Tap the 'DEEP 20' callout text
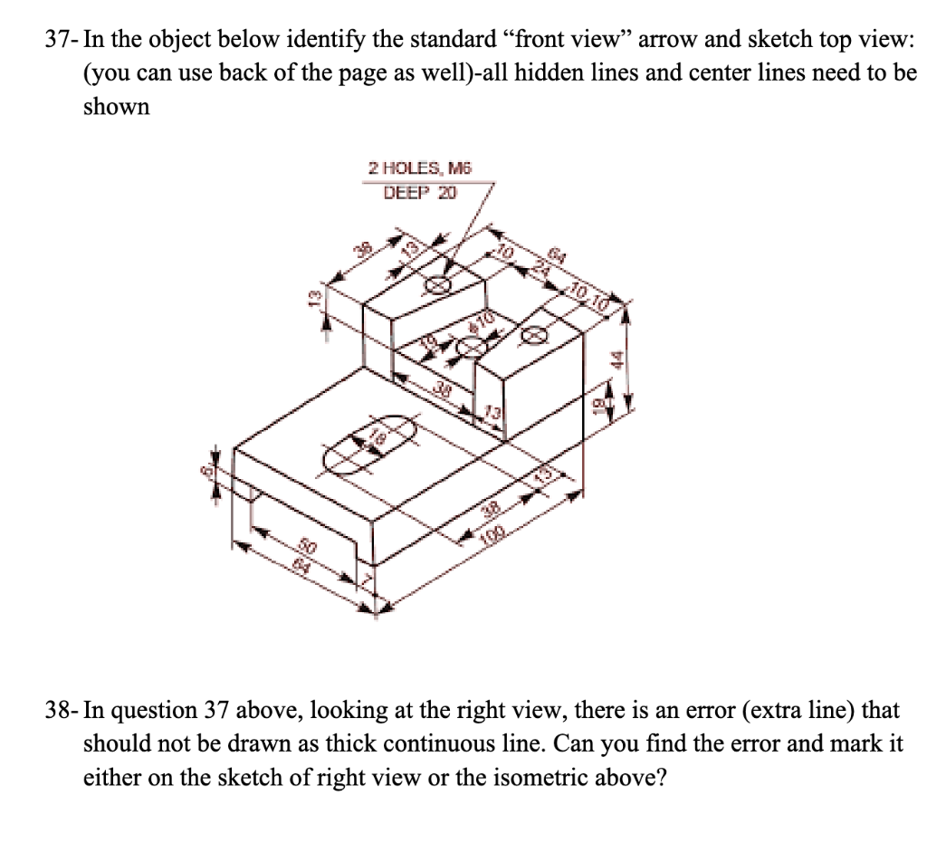tap(420, 192)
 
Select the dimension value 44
tap(618, 358)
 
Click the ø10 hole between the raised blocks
tap(471, 345)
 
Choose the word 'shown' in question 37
tap(116, 107)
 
